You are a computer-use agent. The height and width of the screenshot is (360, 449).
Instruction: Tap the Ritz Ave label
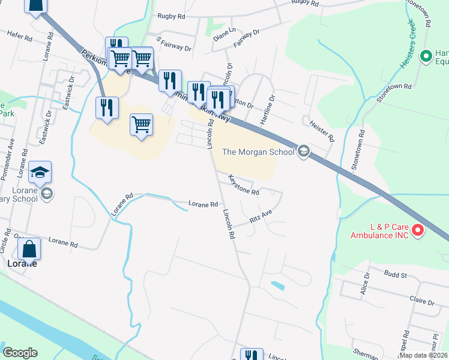[261, 217]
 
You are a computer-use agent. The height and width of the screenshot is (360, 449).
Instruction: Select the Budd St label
[397, 275]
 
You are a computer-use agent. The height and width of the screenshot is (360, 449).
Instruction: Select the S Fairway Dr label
[173, 44]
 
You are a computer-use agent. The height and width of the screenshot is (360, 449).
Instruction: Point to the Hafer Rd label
[20, 36]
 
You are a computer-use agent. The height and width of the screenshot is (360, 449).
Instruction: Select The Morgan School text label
[258, 152]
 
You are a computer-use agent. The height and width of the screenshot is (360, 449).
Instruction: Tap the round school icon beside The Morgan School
[304, 151]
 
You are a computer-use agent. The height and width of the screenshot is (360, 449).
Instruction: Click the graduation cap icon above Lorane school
[40, 173]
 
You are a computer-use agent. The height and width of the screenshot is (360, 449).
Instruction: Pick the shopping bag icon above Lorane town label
[29, 248]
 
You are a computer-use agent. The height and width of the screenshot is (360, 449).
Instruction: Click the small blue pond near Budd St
[278, 285]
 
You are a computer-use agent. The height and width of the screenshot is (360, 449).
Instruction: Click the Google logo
[20, 353]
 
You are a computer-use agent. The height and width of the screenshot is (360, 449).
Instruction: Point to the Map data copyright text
[424, 355]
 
